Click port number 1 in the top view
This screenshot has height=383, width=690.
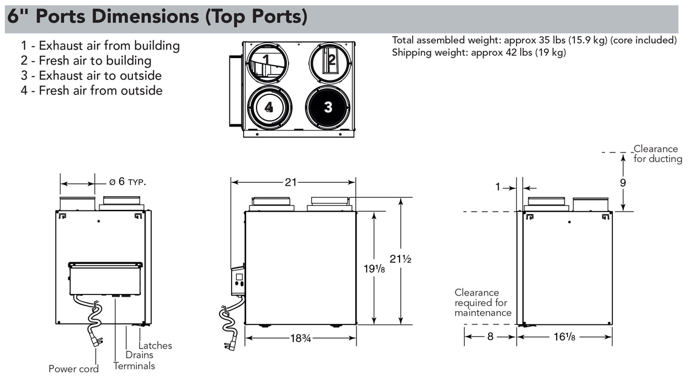266,59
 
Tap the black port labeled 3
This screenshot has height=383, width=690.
328,107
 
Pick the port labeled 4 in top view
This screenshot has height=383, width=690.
269,107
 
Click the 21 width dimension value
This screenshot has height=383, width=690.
291,182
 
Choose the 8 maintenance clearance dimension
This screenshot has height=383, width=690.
490,337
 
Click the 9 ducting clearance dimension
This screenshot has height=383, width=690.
623,182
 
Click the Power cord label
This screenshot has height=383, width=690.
73,369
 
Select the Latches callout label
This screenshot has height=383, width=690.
155,346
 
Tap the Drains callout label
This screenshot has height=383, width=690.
139,355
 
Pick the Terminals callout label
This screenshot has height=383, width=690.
134,366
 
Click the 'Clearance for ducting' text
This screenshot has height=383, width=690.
657,154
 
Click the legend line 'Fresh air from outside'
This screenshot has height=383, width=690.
92,90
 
